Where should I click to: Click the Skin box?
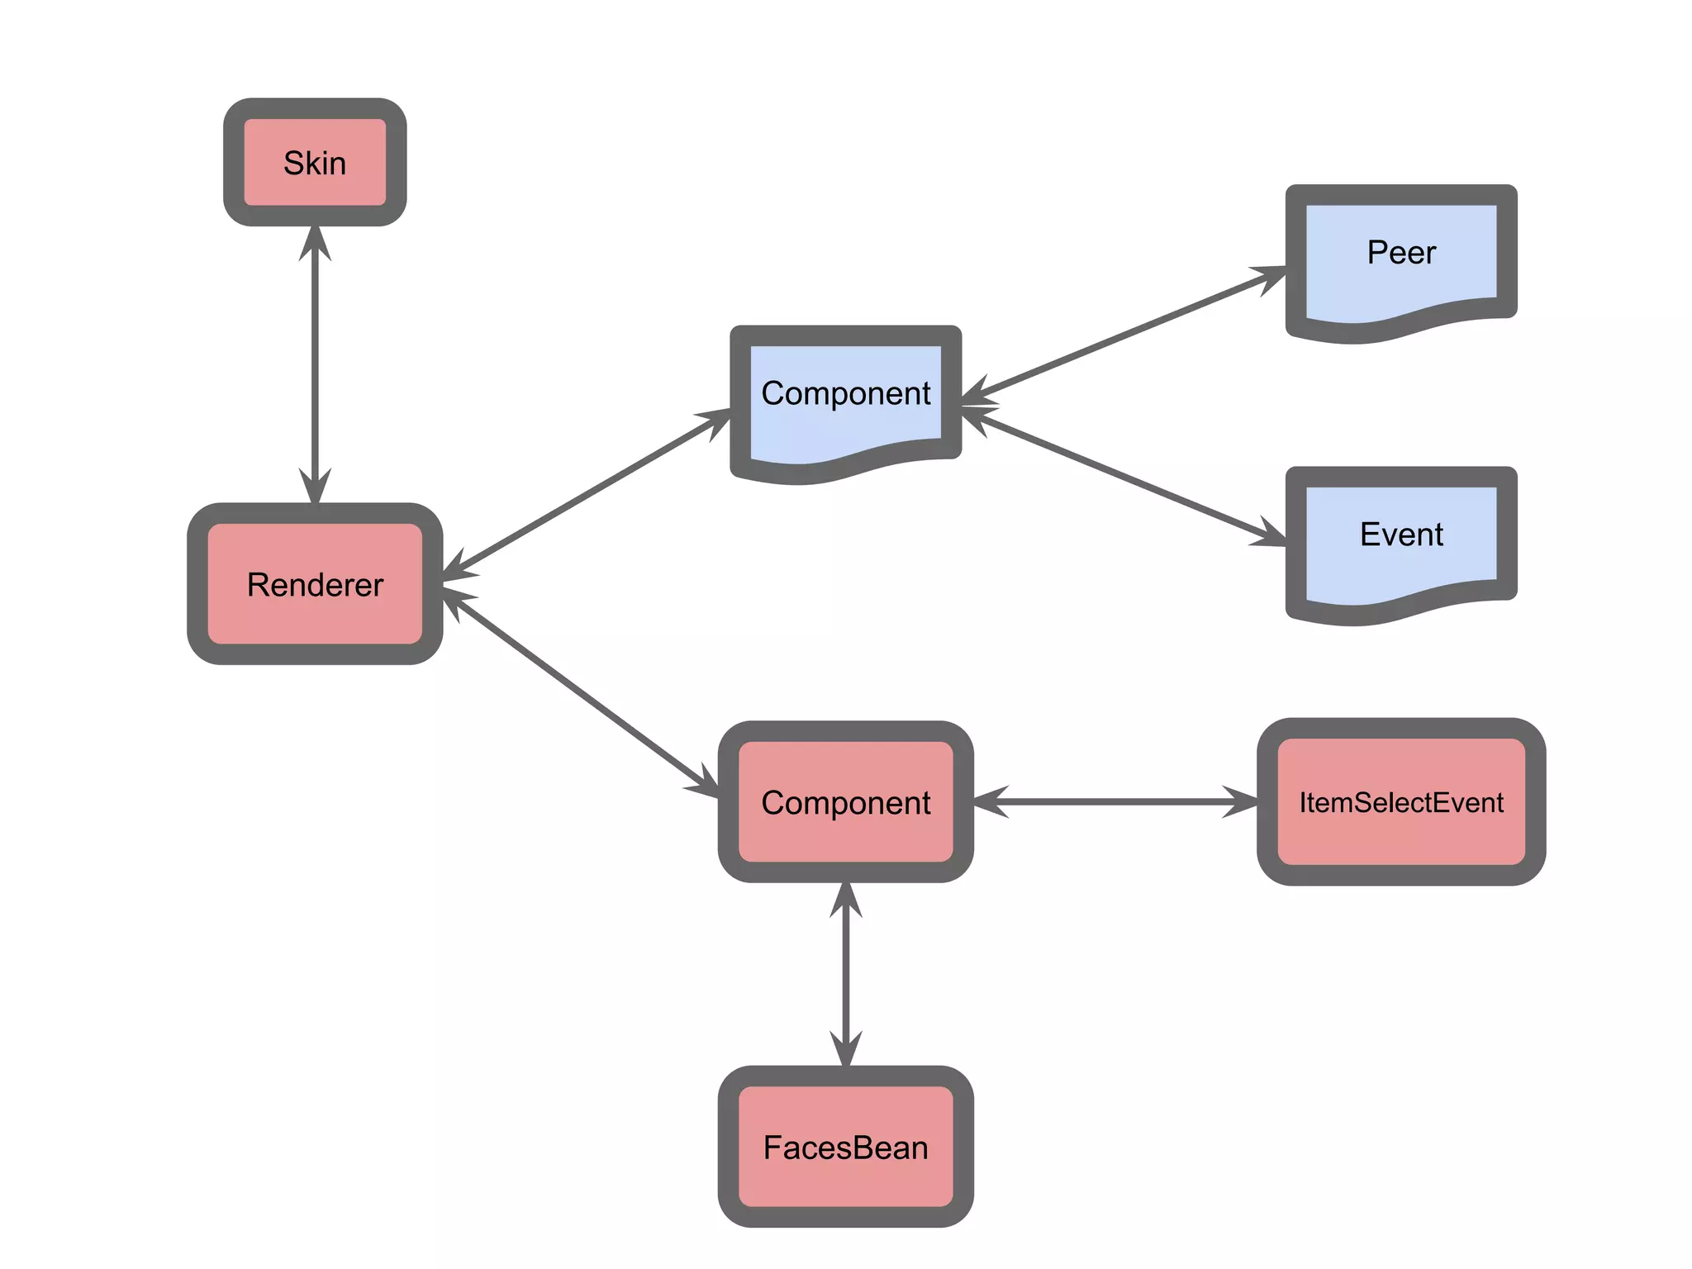(315, 162)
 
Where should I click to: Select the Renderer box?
(315, 584)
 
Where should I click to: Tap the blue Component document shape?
(845, 394)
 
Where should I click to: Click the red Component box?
(845, 802)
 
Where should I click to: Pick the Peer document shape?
(1401, 253)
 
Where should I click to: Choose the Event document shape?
(1401, 535)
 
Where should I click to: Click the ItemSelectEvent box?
(1401, 802)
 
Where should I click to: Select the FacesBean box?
(845, 1147)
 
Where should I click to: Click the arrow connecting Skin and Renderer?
(315, 364)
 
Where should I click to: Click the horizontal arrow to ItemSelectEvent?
(1115, 802)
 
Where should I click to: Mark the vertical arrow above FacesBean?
(845, 975)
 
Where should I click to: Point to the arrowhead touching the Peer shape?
(1268, 276)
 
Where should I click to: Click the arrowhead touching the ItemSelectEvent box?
(1239, 802)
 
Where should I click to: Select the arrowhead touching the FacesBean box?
(845, 1049)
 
